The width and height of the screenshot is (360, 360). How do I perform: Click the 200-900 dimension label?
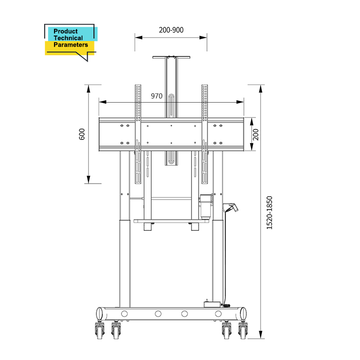(171, 30)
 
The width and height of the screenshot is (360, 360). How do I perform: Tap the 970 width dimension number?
(157, 96)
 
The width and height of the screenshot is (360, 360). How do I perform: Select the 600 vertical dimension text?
(82, 134)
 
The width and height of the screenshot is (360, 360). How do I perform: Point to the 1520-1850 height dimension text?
(270, 213)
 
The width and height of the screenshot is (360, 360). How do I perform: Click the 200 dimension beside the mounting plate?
(256, 134)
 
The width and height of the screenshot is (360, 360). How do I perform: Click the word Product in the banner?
(66, 31)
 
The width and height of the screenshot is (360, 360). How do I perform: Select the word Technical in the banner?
(68, 38)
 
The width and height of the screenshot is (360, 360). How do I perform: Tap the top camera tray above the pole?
(171, 57)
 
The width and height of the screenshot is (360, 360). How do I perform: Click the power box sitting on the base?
(214, 304)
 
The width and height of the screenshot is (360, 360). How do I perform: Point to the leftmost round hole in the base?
(125, 313)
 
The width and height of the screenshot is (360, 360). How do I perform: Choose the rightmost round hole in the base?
(218, 313)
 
